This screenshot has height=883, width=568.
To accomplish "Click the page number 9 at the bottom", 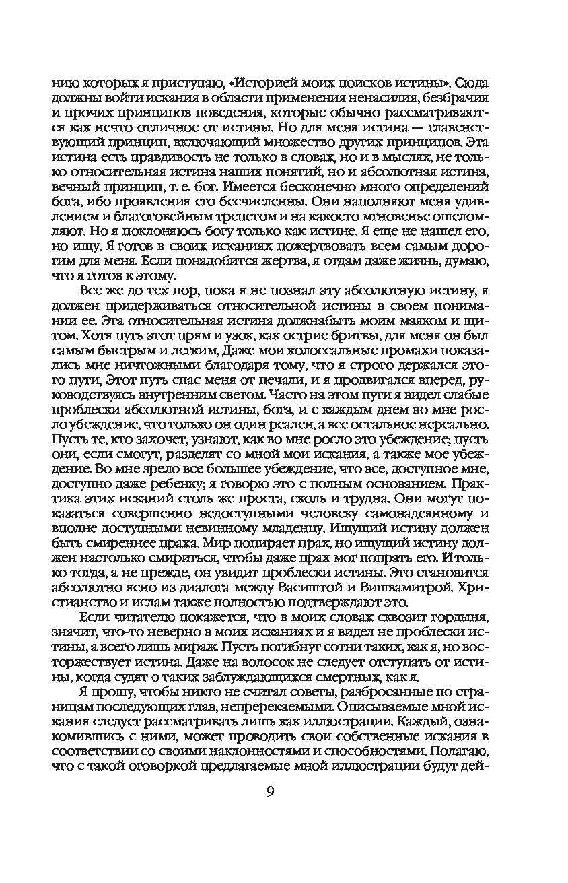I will (x=269, y=792).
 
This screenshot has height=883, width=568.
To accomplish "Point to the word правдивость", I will (x=149, y=157).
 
